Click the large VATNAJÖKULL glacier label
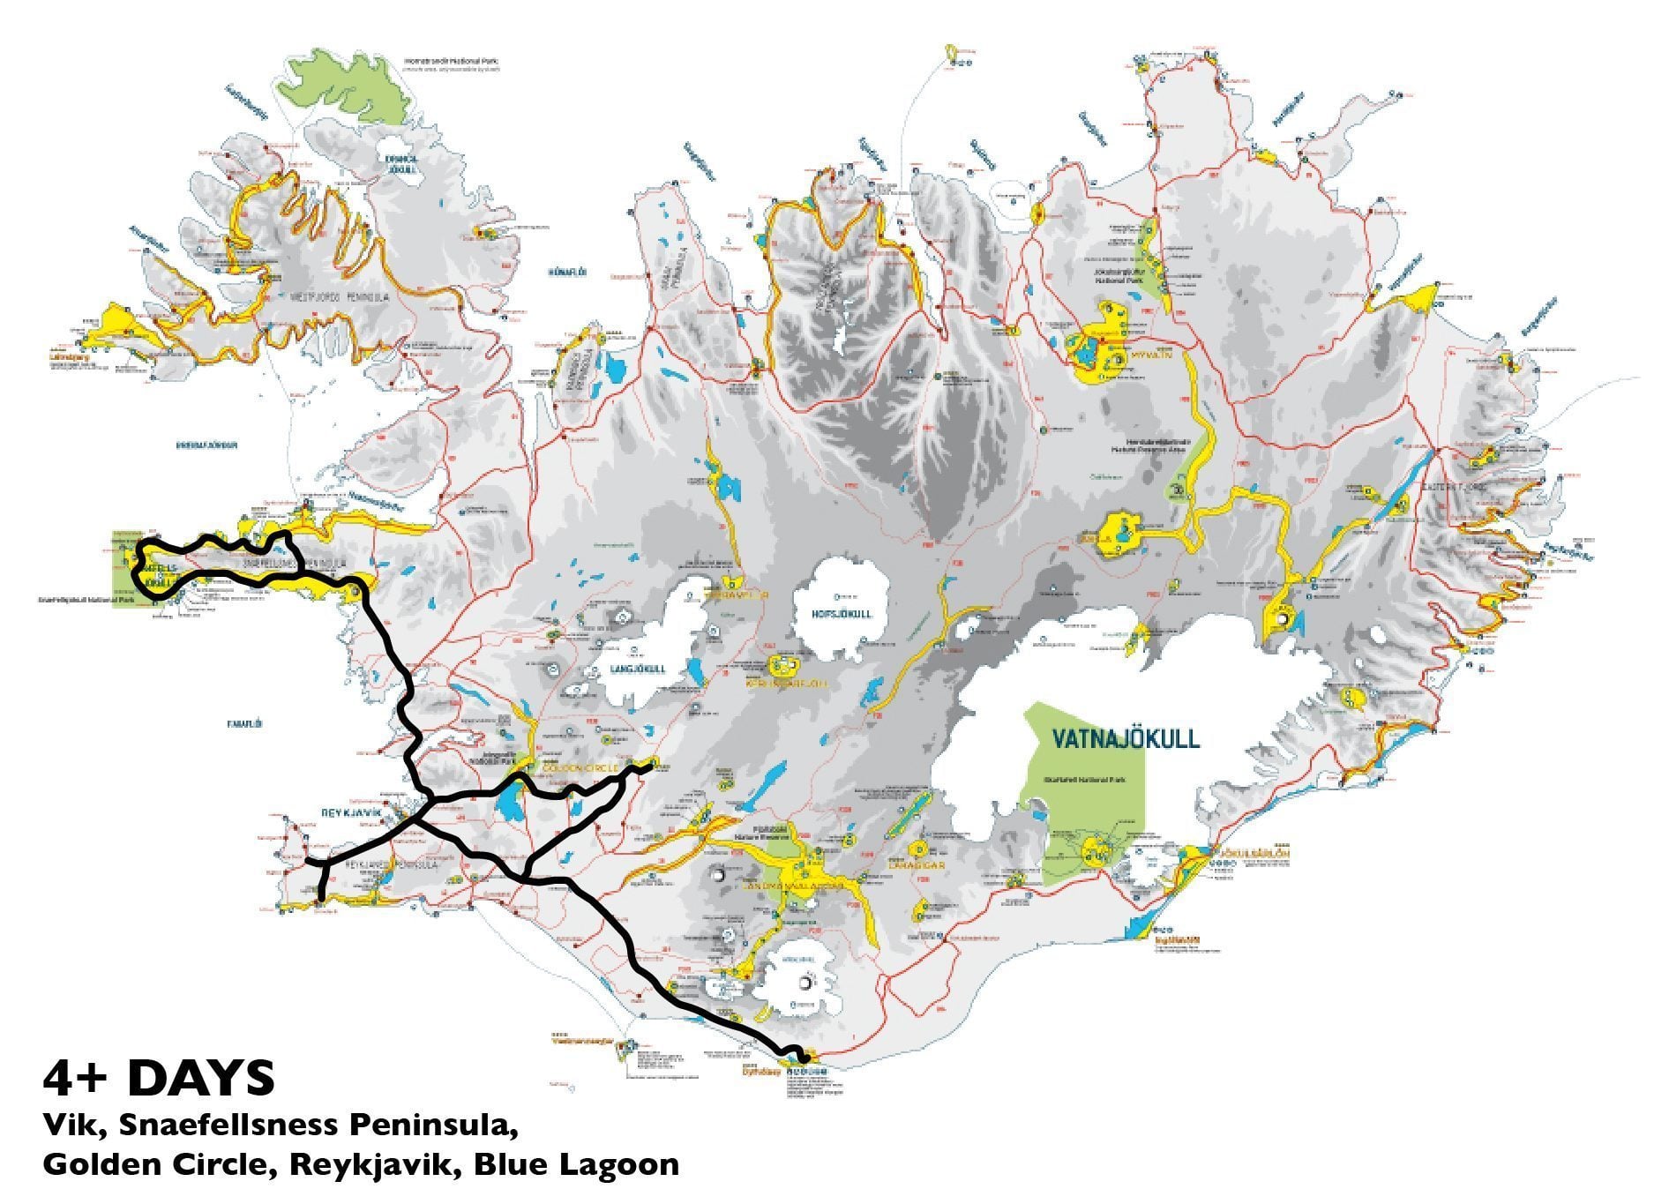coord(1126,737)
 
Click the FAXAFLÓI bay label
coord(244,723)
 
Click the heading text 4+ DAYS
coord(159,1077)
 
